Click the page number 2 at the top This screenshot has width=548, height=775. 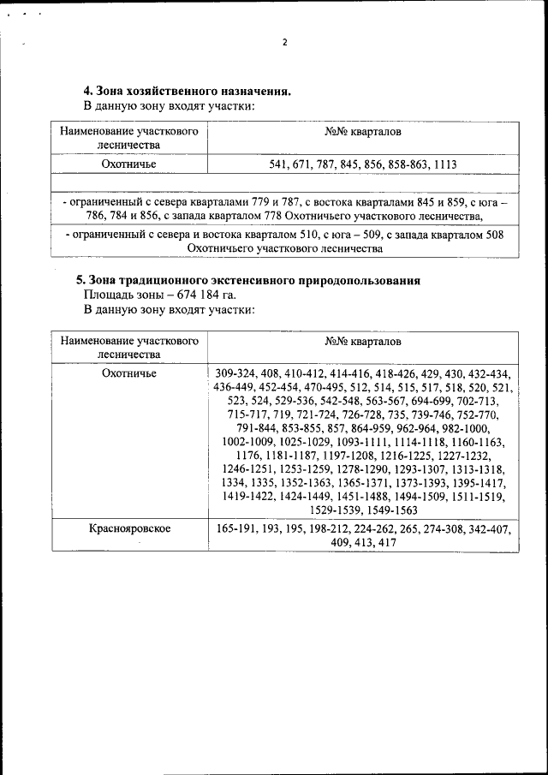click(x=285, y=42)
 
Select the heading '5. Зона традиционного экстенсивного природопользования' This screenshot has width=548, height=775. click(x=248, y=280)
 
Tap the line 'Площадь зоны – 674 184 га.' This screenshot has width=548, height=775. click(x=146, y=295)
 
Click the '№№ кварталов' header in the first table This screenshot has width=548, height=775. click(x=363, y=133)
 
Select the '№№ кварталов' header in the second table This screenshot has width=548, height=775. click(x=363, y=342)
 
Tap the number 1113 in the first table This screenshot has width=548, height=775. click(x=442, y=164)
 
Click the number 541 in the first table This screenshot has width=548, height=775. click(x=281, y=164)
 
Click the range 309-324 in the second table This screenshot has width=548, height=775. click(x=237, y=373)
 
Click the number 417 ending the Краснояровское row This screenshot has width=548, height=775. click(x=386, y=543)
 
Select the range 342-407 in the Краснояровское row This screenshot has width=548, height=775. click(x=490, y=529)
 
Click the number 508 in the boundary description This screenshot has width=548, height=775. click(x=491, y=235)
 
